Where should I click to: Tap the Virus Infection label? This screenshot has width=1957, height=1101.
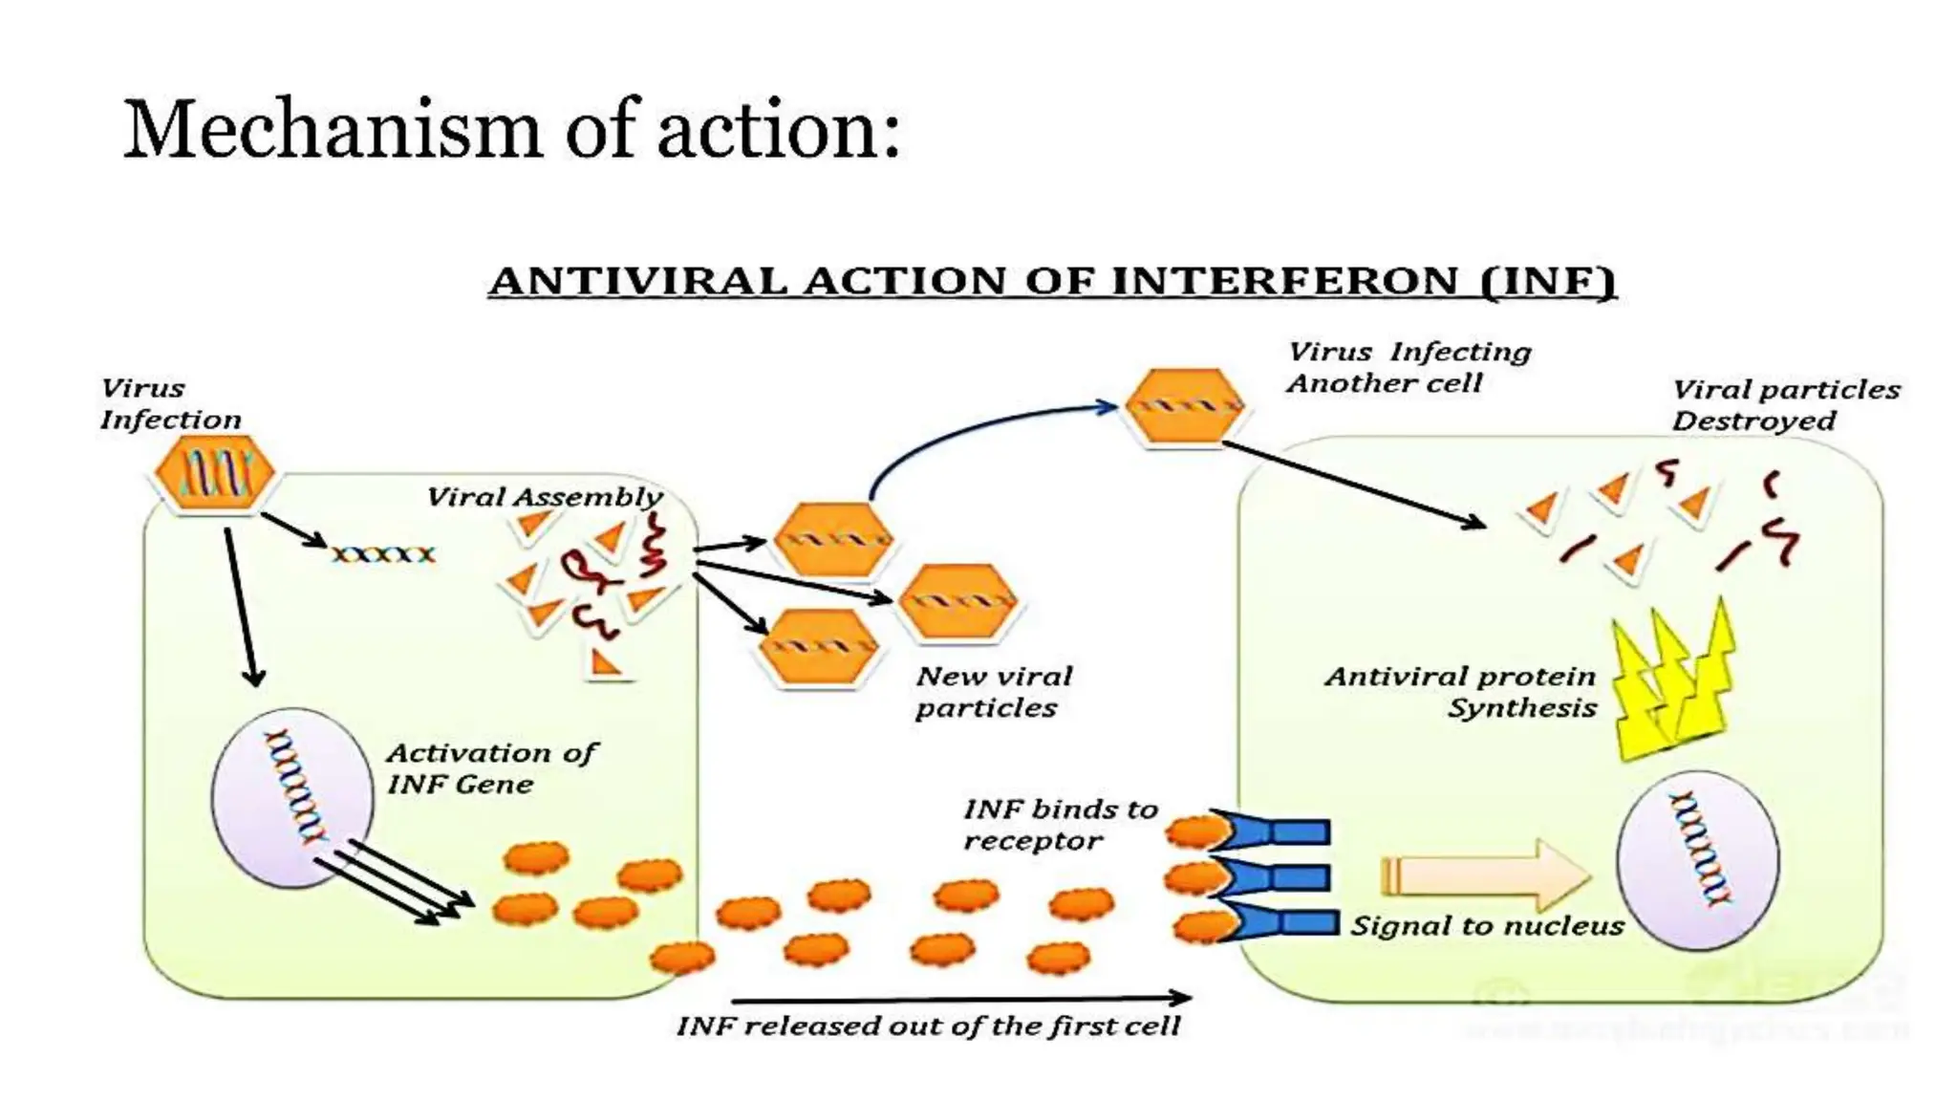(170, 404)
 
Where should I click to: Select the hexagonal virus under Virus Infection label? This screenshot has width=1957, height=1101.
(214, 473)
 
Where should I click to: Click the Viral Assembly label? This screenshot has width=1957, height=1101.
(544, 497)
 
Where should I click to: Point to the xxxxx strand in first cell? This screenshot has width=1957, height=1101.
(383, 554)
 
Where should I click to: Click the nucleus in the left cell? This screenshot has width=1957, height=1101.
(291, 798)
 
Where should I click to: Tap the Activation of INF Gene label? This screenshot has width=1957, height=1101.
(490, 768)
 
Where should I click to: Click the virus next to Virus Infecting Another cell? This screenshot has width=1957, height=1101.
(1184, 406)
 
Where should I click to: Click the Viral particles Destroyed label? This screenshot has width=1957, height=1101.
(1784, 404)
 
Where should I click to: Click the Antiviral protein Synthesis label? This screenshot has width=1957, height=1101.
(1461, 692)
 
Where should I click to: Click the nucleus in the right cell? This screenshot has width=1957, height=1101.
(1698, 860)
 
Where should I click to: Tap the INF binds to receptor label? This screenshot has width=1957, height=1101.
(1059, 825)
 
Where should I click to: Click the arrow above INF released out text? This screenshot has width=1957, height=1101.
(960, 999)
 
